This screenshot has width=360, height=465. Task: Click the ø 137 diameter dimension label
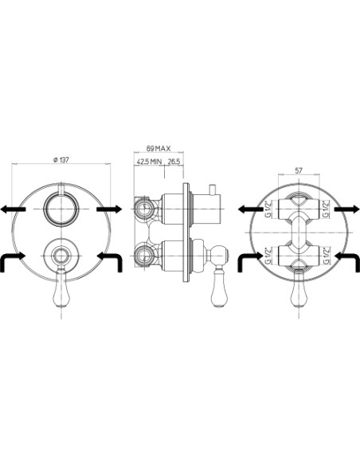(x=61, y=160)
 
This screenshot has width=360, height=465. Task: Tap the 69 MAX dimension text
(x=158, y=148)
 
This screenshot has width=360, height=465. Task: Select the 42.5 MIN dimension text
(x=149, y=162)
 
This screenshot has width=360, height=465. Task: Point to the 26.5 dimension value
(x=174, y=162)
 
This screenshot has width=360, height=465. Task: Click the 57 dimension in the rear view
(x=299, y=170)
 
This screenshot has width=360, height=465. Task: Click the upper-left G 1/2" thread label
(x=268, y=209)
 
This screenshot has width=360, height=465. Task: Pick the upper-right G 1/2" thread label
(x=327, y=209)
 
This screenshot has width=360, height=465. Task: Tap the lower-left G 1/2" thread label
(x=268, y=256)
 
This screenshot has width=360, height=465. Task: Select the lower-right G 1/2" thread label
(x=327, y=256)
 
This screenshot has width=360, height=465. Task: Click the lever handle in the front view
(x=61, y=287)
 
